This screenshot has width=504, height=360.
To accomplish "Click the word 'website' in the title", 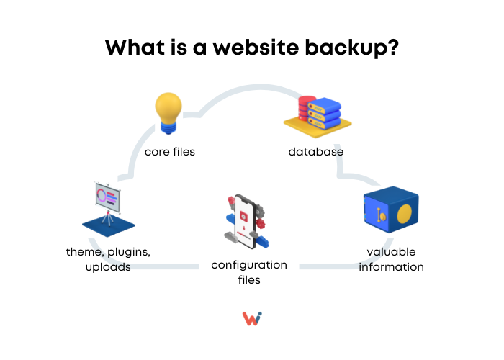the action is [256, 48].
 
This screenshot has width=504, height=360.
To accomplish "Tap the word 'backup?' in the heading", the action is [351, 48].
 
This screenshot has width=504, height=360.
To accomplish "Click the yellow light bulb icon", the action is [168, 113].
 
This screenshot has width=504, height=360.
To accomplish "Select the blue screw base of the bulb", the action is [168, 128].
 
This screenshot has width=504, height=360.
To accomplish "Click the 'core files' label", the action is [170, 152].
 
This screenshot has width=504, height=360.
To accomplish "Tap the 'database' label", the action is [315, 152].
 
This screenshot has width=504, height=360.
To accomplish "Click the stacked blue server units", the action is [324, 113].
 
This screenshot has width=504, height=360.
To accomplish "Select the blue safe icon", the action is [391, 210].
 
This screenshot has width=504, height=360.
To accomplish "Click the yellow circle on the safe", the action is [405, 214].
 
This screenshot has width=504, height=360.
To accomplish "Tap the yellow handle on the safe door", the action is [381, 215].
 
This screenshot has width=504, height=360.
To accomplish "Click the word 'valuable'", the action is [391, 252].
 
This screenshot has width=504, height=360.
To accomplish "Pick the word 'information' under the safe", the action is [391, 267].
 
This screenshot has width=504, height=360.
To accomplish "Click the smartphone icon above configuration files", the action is [246, 221].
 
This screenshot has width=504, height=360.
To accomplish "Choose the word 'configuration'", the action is [249, 265].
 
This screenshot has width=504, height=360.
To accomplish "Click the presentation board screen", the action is [108, 197].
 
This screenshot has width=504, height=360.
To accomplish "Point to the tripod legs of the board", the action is [108, 219].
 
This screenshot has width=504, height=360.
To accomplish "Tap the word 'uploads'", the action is [108, 267].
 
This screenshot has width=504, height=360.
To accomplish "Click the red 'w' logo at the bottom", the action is [252, 318].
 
